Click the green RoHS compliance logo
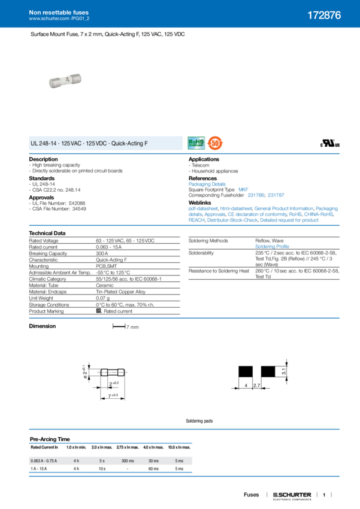(x=196, y=143)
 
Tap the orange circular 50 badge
(x=214, y=143)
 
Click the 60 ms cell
(x=152, y=468)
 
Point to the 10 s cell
(x=102, y=468)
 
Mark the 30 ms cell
(x=152, y=460)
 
